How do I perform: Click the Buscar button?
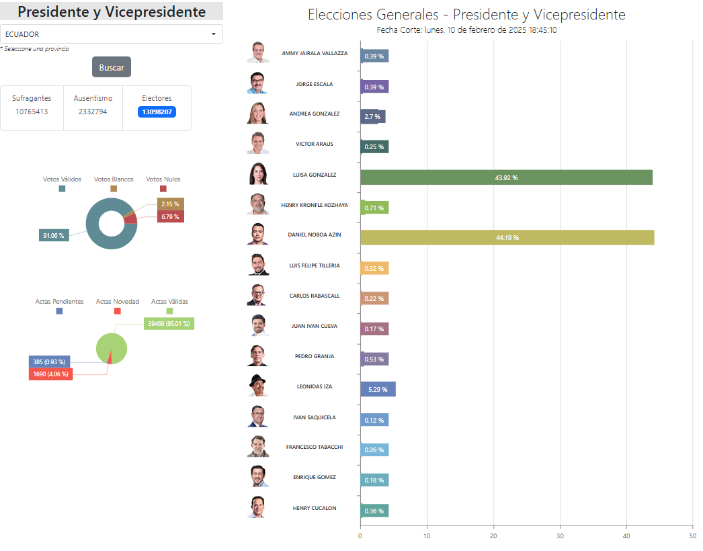pyautogui.click(x=111, y=67)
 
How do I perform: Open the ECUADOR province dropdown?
pyautogui.click(x=111, y=34)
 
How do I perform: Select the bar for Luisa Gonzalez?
pyautogui.click(x=506, y=177)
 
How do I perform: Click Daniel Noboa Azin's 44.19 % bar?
pyautogui.click(x=507, y=238)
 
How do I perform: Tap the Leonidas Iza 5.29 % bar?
pyautogui.click(x=378, y=389)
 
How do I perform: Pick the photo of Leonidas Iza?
pyautogui.click(x=258, y=386)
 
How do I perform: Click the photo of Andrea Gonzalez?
pyautogui.click(x=258, y=113)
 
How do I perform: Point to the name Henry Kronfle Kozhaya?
pyautogui.click(x=315, y=206)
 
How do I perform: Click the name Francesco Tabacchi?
pyautogui.click(x=315, y=447)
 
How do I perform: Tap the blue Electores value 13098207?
pyautogui.click(x=157, y=112)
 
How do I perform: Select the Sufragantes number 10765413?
pyautogui.click(x=32, y=112)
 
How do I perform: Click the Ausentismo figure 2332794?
pyautogui.click(x=93, y=112)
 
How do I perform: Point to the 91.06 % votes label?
pyautogui.click(x=54, y=235)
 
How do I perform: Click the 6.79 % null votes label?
pyautogui.click(x=170, y=216)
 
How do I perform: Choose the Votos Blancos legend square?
pyautogui.click(x=114, y=189)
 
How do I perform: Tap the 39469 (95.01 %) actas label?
pyautogui.click(x=169, y=324)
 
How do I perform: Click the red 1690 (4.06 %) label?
pyautogui.click(x=50, y=374)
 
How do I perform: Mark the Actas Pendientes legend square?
pyautogui.click(x=59, y=310)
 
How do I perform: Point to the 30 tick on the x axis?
pyautogui.click(x=560, y=536)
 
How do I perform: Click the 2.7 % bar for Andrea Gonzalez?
pyautogui.click(x=372, y=116)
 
